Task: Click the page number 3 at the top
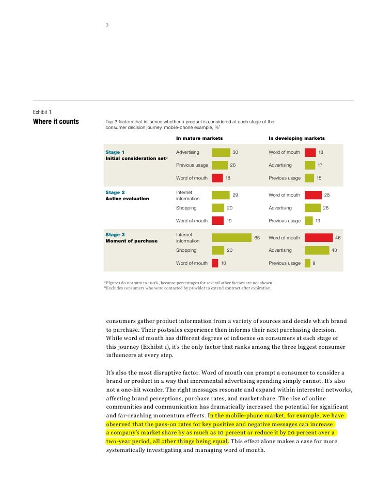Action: pos(107,24)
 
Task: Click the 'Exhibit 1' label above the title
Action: pos(42,112)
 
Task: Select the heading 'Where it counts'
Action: pos(56,122)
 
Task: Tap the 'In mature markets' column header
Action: pos(199,138)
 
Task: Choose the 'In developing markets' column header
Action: pos(296,138)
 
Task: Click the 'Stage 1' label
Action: pos(115,152)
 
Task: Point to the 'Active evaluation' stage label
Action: pos(127,199)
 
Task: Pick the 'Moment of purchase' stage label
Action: pos(132,241)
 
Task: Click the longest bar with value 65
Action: pos(231,237)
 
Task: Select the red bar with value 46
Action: pos(319,237)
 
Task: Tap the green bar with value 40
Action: pos(317,250)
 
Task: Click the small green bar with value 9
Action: pos(307,263)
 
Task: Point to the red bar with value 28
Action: pos(313,195)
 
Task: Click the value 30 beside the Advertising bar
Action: pos(236,152)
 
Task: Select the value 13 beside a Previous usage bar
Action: pos(318,221)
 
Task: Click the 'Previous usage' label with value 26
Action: pos(192,165)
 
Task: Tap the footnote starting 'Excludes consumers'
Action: pos(189,288)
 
